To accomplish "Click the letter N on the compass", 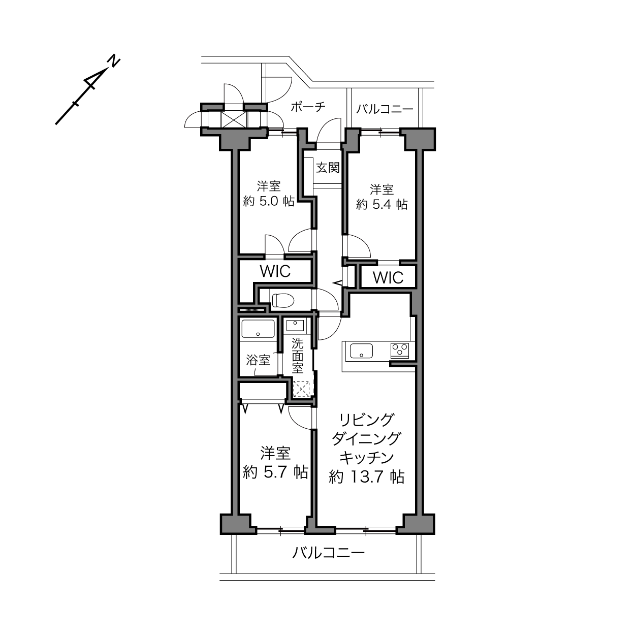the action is pyautogui.click(x=114, y=61).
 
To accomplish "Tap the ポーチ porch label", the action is pyautogui.click(x=308, y=107).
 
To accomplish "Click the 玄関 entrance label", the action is pyautogui.click(x=328, y=168).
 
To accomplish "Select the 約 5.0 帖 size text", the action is pyautogui.click(x=269, y=201).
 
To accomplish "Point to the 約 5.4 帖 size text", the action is pyautogui.click(x=381, y=204).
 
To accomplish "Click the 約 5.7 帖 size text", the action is pyautogui.click(x=275, y=472).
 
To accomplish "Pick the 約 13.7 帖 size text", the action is pyautogui.click(x=367, y=477).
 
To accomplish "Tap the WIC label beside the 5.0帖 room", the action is pyautogui.click(x=275, y=271).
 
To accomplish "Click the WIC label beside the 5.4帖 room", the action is pyautogui.click(x=388, y=277).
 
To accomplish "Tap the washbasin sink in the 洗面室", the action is pyautogui.click(x=295, y=326).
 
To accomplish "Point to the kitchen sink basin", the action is pyautogui.click(x=361, y=351).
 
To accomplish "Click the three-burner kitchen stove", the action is pyautogui.click(x=400, y=351).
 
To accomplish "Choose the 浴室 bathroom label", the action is pyautogui.click(x=258, y=360).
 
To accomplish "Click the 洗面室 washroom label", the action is pyautogui.click(x=297, y=356).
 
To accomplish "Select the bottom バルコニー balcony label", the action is pyautogui.click(x=328, y=553).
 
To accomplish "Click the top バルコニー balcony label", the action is pyautogui.click(x=385, y=109).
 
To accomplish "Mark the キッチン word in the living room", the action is pyautogui.click(x=367, y=458).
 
